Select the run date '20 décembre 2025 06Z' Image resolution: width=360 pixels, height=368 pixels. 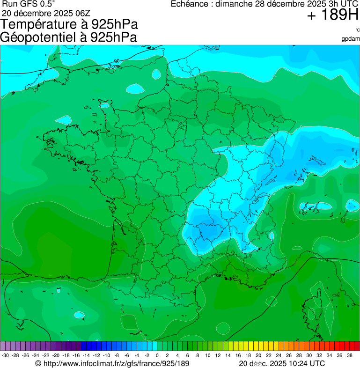pos(49,13)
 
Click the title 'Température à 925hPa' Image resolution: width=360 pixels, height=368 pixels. pos(69,24)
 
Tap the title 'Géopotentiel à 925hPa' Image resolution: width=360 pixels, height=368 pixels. pos(69,37)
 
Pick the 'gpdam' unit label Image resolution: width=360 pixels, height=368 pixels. pos(351,39)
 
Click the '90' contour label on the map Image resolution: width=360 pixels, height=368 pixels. pos(117,61)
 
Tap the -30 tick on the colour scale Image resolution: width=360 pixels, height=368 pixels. pos(6,355)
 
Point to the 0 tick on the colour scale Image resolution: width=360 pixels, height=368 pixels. pos(157,355)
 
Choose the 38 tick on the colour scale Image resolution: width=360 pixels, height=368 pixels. pos(349,355)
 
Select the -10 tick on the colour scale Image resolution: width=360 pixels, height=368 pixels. pos(106,355)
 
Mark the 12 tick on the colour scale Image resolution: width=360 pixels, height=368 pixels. pos(218,355)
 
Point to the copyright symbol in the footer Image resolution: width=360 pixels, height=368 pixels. pos(38,363)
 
